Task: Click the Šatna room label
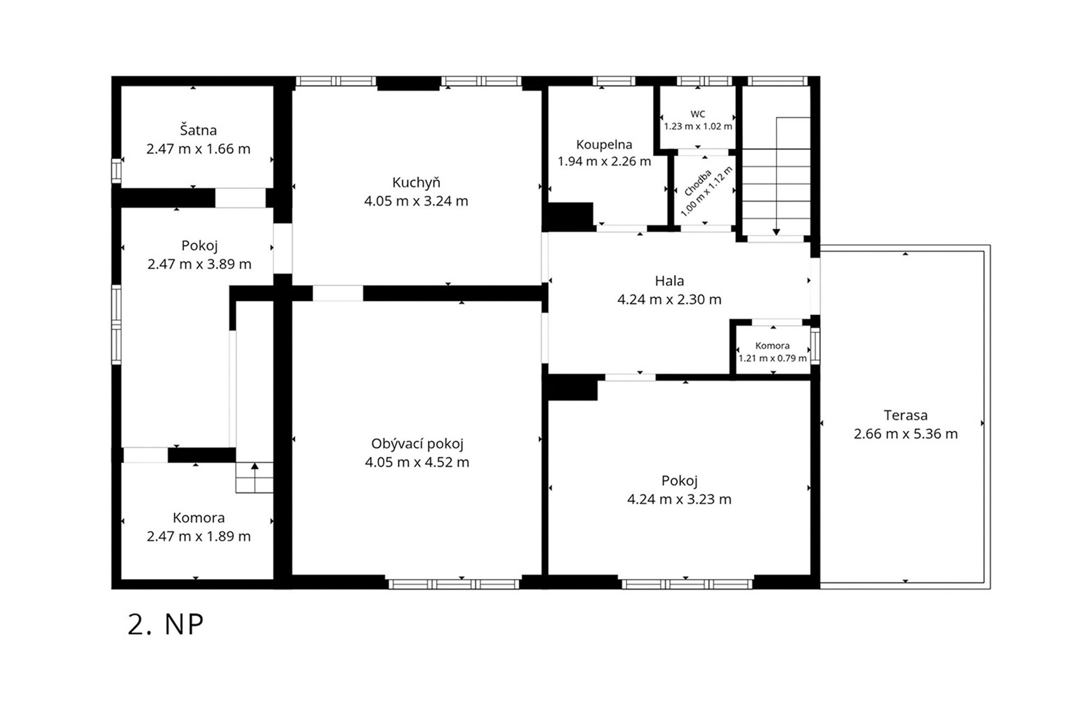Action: click(198, 130)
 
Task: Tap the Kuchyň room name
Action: click(417, 182)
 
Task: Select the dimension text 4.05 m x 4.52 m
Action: click(417, 463)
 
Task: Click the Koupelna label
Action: click(604, 145)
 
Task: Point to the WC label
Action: click(698, 114)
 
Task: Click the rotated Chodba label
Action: click(698, 183)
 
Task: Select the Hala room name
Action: click(669, 280)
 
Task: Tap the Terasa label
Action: click(906, 415)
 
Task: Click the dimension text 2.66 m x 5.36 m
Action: click(906, 434)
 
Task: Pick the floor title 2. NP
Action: click(165, 625)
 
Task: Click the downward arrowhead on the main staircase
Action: click(776, 232)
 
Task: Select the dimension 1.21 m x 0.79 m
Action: click(773, 358)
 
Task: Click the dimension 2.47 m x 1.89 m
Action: click(199, 537)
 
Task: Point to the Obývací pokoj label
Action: click(418, 444)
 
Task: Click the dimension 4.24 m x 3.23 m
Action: click(679, 499)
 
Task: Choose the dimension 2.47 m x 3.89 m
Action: click(199, 264)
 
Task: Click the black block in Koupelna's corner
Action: click(571, 217)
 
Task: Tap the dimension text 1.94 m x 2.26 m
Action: click(604, 162)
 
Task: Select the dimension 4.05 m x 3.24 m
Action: click(417, 201)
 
